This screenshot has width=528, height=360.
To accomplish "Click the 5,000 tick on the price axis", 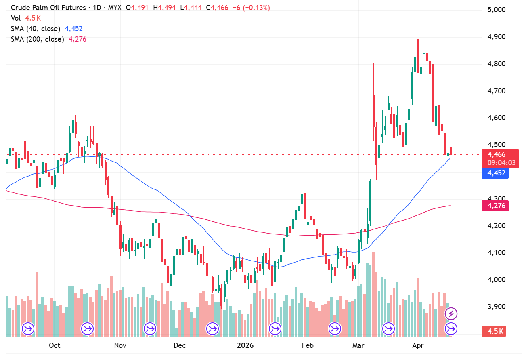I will click(x=497, y=10).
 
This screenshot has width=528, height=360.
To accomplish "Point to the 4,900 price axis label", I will click(x=497, y=37).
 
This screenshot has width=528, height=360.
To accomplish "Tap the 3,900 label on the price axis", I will click(x=497, y=307).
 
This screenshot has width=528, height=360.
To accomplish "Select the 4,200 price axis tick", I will click(x=497, y=225).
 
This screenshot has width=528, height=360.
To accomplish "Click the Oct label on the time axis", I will click(x=54, y=345).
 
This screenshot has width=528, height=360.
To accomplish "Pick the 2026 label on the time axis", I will click(x=245, y=345).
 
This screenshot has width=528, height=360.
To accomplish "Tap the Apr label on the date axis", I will click(x=417, y=345).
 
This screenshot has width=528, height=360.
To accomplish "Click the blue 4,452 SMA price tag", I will click(x=495, y=173).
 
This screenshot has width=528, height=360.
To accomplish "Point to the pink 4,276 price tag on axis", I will click(x=495, y=206).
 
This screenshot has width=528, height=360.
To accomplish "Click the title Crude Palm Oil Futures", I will click(x=48, y=8).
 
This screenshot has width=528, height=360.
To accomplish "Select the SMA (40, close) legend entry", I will click(x=36, y=29).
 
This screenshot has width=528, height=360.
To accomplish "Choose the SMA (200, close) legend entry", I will click(x=37, y=39).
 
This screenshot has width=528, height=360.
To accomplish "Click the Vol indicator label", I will click(x=15, y=18).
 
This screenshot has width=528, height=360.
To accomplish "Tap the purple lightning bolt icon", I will click(x=451, y=313).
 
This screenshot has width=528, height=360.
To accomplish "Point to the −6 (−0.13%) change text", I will click(x=251, y=8).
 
